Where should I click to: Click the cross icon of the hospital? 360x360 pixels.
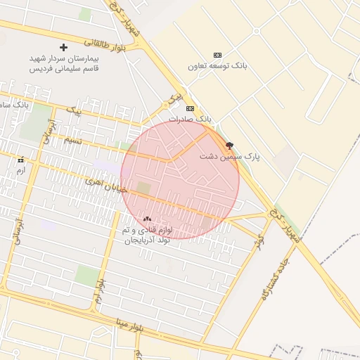[63, 47]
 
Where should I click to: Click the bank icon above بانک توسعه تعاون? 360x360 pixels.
[217, 55]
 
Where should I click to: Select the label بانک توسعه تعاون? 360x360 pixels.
[217, 66]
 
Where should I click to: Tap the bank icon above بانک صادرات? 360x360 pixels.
[190, 108]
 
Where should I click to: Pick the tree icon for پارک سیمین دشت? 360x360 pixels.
[229, 145]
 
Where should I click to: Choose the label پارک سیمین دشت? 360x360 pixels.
[229, 157]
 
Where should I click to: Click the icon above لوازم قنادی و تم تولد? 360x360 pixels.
[147, 219]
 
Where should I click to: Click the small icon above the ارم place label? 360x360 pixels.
[20, 160]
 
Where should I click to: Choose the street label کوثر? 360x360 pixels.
[261, 240]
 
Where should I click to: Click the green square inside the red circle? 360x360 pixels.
[143, 188]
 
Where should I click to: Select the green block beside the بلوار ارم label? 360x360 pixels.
[86, 275]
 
